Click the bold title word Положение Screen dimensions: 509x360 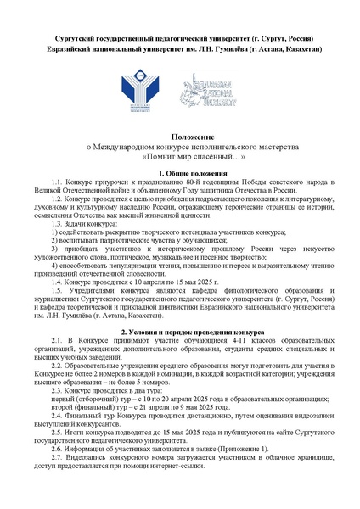coord(180,137)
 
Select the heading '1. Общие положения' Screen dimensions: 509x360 coord(180,173)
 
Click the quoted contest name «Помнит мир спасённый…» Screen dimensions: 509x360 coord(180,157)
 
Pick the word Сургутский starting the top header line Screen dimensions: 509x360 coord(65,40)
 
